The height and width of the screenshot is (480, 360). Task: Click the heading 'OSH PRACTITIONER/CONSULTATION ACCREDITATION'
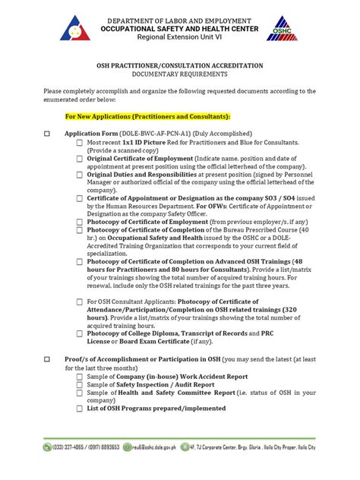(180, 66)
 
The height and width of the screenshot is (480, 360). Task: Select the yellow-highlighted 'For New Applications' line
(147, 118)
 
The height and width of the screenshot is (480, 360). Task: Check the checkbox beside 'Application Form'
(46, 134)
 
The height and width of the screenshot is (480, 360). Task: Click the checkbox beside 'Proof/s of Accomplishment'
(46, 359)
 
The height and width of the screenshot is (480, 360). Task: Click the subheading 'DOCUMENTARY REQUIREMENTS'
(180, 74)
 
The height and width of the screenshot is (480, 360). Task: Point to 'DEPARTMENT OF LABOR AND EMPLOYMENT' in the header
(180, 18)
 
